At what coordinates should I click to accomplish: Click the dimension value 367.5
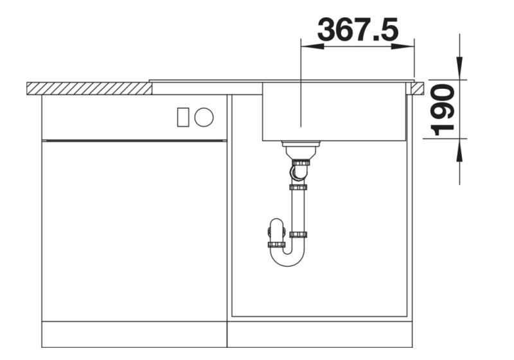pos(358,30)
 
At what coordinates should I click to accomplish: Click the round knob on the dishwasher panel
pos(204,117)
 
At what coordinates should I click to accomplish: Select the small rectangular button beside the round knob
pos(183,117)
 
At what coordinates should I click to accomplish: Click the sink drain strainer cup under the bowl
pos(301,148)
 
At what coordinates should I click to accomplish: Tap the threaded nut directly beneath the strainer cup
pos(300,162)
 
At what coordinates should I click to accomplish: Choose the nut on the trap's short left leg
pos(276,244)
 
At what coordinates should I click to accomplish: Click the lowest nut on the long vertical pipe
pos(298,235)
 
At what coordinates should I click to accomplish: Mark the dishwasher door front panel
pos(134,230)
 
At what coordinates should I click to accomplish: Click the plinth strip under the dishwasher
pos(134,334)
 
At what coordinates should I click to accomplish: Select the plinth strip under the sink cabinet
pos(319,334)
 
